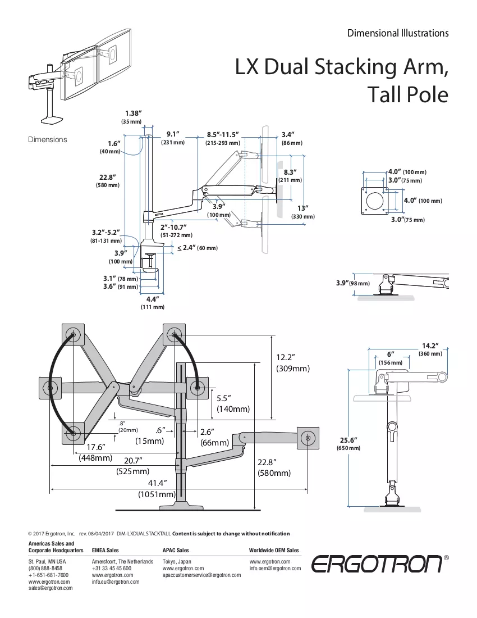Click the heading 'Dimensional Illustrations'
(397, 33)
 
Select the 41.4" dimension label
(157, 488)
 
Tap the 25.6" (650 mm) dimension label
(348, 444)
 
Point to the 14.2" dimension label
(430, 349)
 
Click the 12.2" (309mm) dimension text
(293, 362)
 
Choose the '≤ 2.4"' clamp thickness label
(197, 248)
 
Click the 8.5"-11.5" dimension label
(223, 139)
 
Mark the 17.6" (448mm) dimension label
(95, 452)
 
